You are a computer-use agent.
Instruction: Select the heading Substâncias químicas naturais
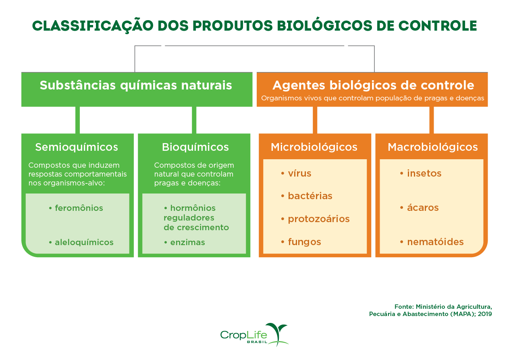[136, 85]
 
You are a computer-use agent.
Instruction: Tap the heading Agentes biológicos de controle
[373, 85]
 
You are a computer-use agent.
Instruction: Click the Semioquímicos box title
[77, 147]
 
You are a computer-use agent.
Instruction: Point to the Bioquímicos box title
[195, 147]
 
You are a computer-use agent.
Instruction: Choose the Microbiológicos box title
[314, 147]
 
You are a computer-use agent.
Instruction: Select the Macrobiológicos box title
[432, 147]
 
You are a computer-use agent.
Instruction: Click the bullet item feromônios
[79, 208]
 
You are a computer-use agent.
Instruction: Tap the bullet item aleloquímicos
[84, 242]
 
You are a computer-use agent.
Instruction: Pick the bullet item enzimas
[187, 242]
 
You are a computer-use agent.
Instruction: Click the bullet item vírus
[299, 173]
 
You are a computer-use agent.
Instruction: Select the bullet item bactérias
[310, 196]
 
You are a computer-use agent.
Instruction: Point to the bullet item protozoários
[318, 219]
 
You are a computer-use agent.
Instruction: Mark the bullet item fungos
[304, 242]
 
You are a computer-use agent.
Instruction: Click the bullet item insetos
[424, 173]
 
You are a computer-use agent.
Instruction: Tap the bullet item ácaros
[422, 208]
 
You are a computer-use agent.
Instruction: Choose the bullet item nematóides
[435, 242]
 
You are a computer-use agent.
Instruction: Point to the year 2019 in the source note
[485, 314]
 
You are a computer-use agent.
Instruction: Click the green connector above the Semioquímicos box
[77, 120]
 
